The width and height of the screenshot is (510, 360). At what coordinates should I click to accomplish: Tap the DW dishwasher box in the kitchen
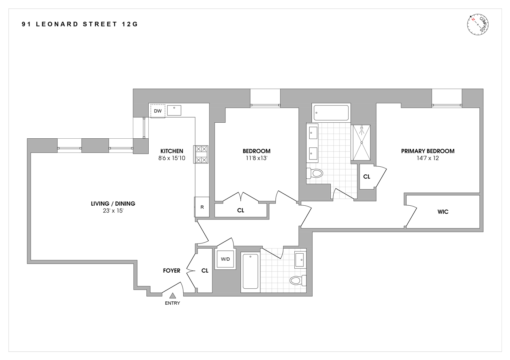pos(158,111)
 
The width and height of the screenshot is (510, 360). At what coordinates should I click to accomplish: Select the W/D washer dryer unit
pos(225,259)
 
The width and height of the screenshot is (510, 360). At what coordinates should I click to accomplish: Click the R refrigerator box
pos(202,207)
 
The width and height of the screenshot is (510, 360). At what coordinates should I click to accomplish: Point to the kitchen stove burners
pos(201,154)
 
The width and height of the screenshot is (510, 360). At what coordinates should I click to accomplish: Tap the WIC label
pos(443,212)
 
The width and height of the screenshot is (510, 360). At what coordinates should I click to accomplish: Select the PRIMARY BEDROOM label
pos(428,151)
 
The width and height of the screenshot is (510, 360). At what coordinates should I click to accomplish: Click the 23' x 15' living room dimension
pos(113,211)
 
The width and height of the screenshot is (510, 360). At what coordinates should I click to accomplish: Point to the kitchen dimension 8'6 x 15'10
pos(172,158)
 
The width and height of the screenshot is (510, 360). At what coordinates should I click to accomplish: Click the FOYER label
pos(172,271)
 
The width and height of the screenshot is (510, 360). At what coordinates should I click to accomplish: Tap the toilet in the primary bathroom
pos(315,173)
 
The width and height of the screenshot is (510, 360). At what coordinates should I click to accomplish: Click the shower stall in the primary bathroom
pos(361,142)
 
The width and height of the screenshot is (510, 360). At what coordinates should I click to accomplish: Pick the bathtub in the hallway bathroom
pos(250,271)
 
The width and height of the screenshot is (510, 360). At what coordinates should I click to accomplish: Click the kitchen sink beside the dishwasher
pos(174,110)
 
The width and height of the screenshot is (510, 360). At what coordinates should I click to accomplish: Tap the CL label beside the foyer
pos(205,271)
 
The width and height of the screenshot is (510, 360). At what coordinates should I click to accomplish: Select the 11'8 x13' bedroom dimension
pos(256,158)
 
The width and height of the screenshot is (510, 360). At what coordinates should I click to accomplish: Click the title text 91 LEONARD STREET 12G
pos(80,24)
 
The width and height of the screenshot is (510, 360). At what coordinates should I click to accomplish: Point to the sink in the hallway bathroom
pos(301,260)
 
